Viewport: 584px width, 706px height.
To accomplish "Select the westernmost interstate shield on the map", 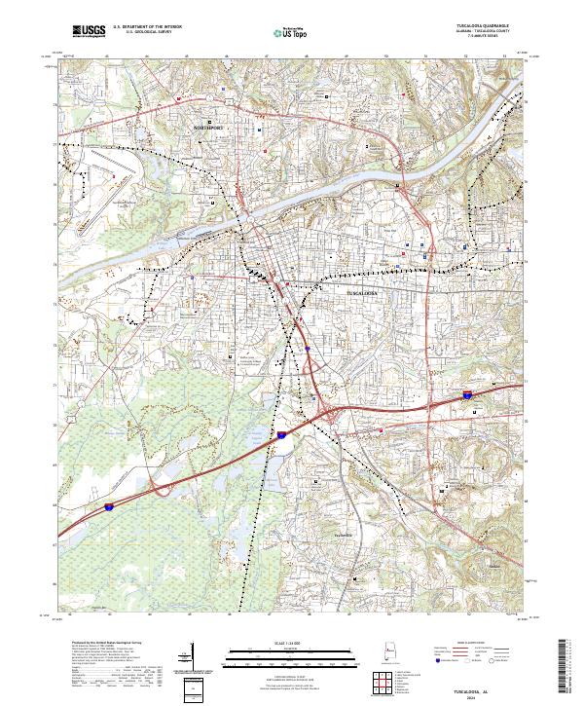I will coord(110,507).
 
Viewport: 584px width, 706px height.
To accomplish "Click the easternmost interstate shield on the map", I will coord(468,395).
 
